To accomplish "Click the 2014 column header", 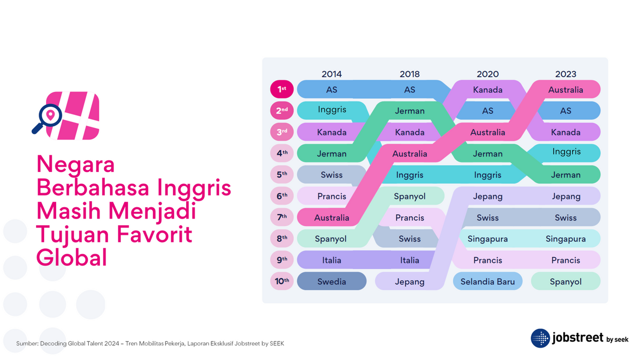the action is pyautogui.click(x=332, y=74).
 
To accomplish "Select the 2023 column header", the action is pyautogui.click(x=565, y=74).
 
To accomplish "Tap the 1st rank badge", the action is pyautogui.click(x=282, y=89).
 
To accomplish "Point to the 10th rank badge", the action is pyautogui.click(x=282, y=281).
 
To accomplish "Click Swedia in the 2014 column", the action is pyautogui.click(x=332, y=281).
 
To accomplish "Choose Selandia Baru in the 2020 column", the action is pyautogui.click(x=488, y=281).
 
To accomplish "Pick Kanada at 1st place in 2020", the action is pyautogui.click(x=488, y=90).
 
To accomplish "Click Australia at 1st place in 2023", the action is pyautogui.click(x=565, y=90).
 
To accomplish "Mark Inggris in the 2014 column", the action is pyautogui.click(x=332, y=110).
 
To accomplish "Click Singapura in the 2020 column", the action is pyautogui.click(x=488, y=239).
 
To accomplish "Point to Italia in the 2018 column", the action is pyautogui.click(x=410, y=260).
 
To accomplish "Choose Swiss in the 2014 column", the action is pyautogui.click(x=332, y=175).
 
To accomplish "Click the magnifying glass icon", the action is pyautogui.click(x=47, y=118).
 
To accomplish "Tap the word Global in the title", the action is pyautogui.click(x=72, y=257).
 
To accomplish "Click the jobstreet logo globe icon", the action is pyautogui.click(x=540, y=338).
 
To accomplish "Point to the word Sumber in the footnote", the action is pyautogui.click(x=27, y=343).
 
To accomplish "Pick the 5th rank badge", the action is pyautogui.click(x=282, y=174).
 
